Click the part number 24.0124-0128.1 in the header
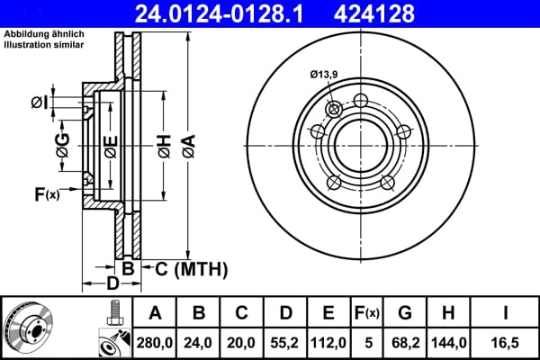[x=220, y=13]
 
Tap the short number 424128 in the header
[x=374, y=13]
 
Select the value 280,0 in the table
[x=154, y=343]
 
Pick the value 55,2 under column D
[x=284, y=343]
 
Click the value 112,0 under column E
[x=328, y=343]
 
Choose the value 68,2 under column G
[x=406, y=343]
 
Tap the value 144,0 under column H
[x=449, y=343]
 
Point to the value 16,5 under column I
[x=505, y=343]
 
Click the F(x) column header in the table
[x=367, y=313]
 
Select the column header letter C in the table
[x=241, y=313]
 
